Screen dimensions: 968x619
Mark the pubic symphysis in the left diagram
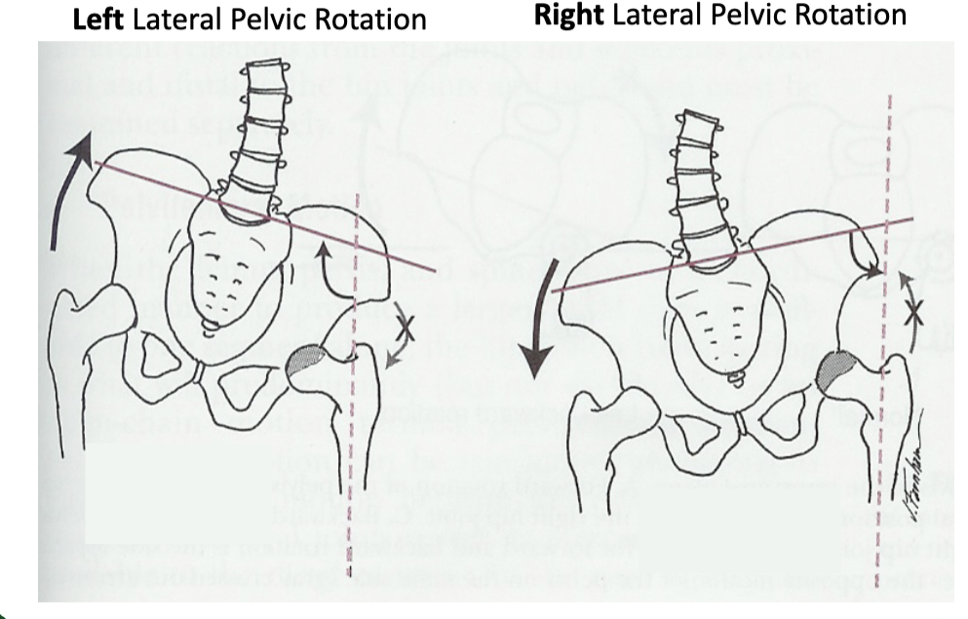coord(199,373)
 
